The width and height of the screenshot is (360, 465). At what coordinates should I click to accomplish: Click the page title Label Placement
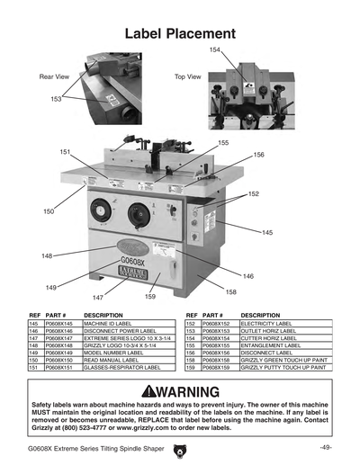tap(180, 33)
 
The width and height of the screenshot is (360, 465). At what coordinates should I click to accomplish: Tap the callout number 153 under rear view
tap(56, 99)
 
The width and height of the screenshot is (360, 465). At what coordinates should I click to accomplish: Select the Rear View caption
tap(54, 77)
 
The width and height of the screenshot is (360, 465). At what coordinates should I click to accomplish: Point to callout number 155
tap(223, 143)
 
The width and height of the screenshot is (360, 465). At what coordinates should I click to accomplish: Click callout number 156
tap(258, 155)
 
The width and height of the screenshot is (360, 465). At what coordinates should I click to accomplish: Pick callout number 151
tap(65, 152)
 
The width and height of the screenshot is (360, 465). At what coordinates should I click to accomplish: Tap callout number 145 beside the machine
tap(267, 232)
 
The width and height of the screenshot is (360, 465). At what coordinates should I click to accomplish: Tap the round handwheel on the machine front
tap(137, 215)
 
